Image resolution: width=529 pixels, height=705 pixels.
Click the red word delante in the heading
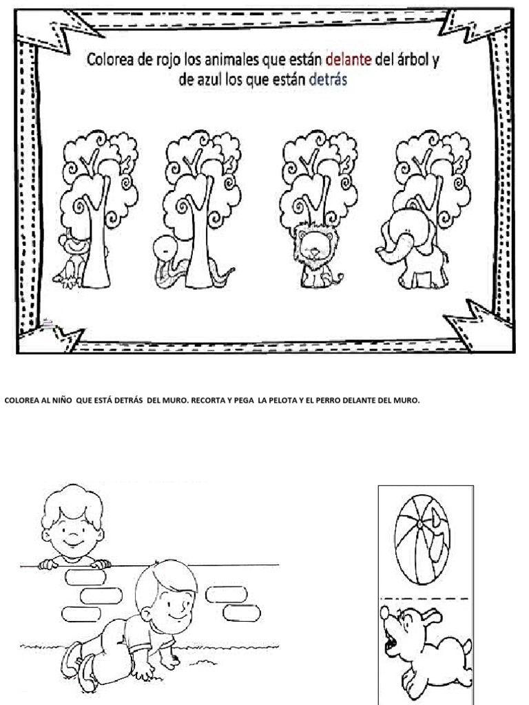[348, 60]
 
